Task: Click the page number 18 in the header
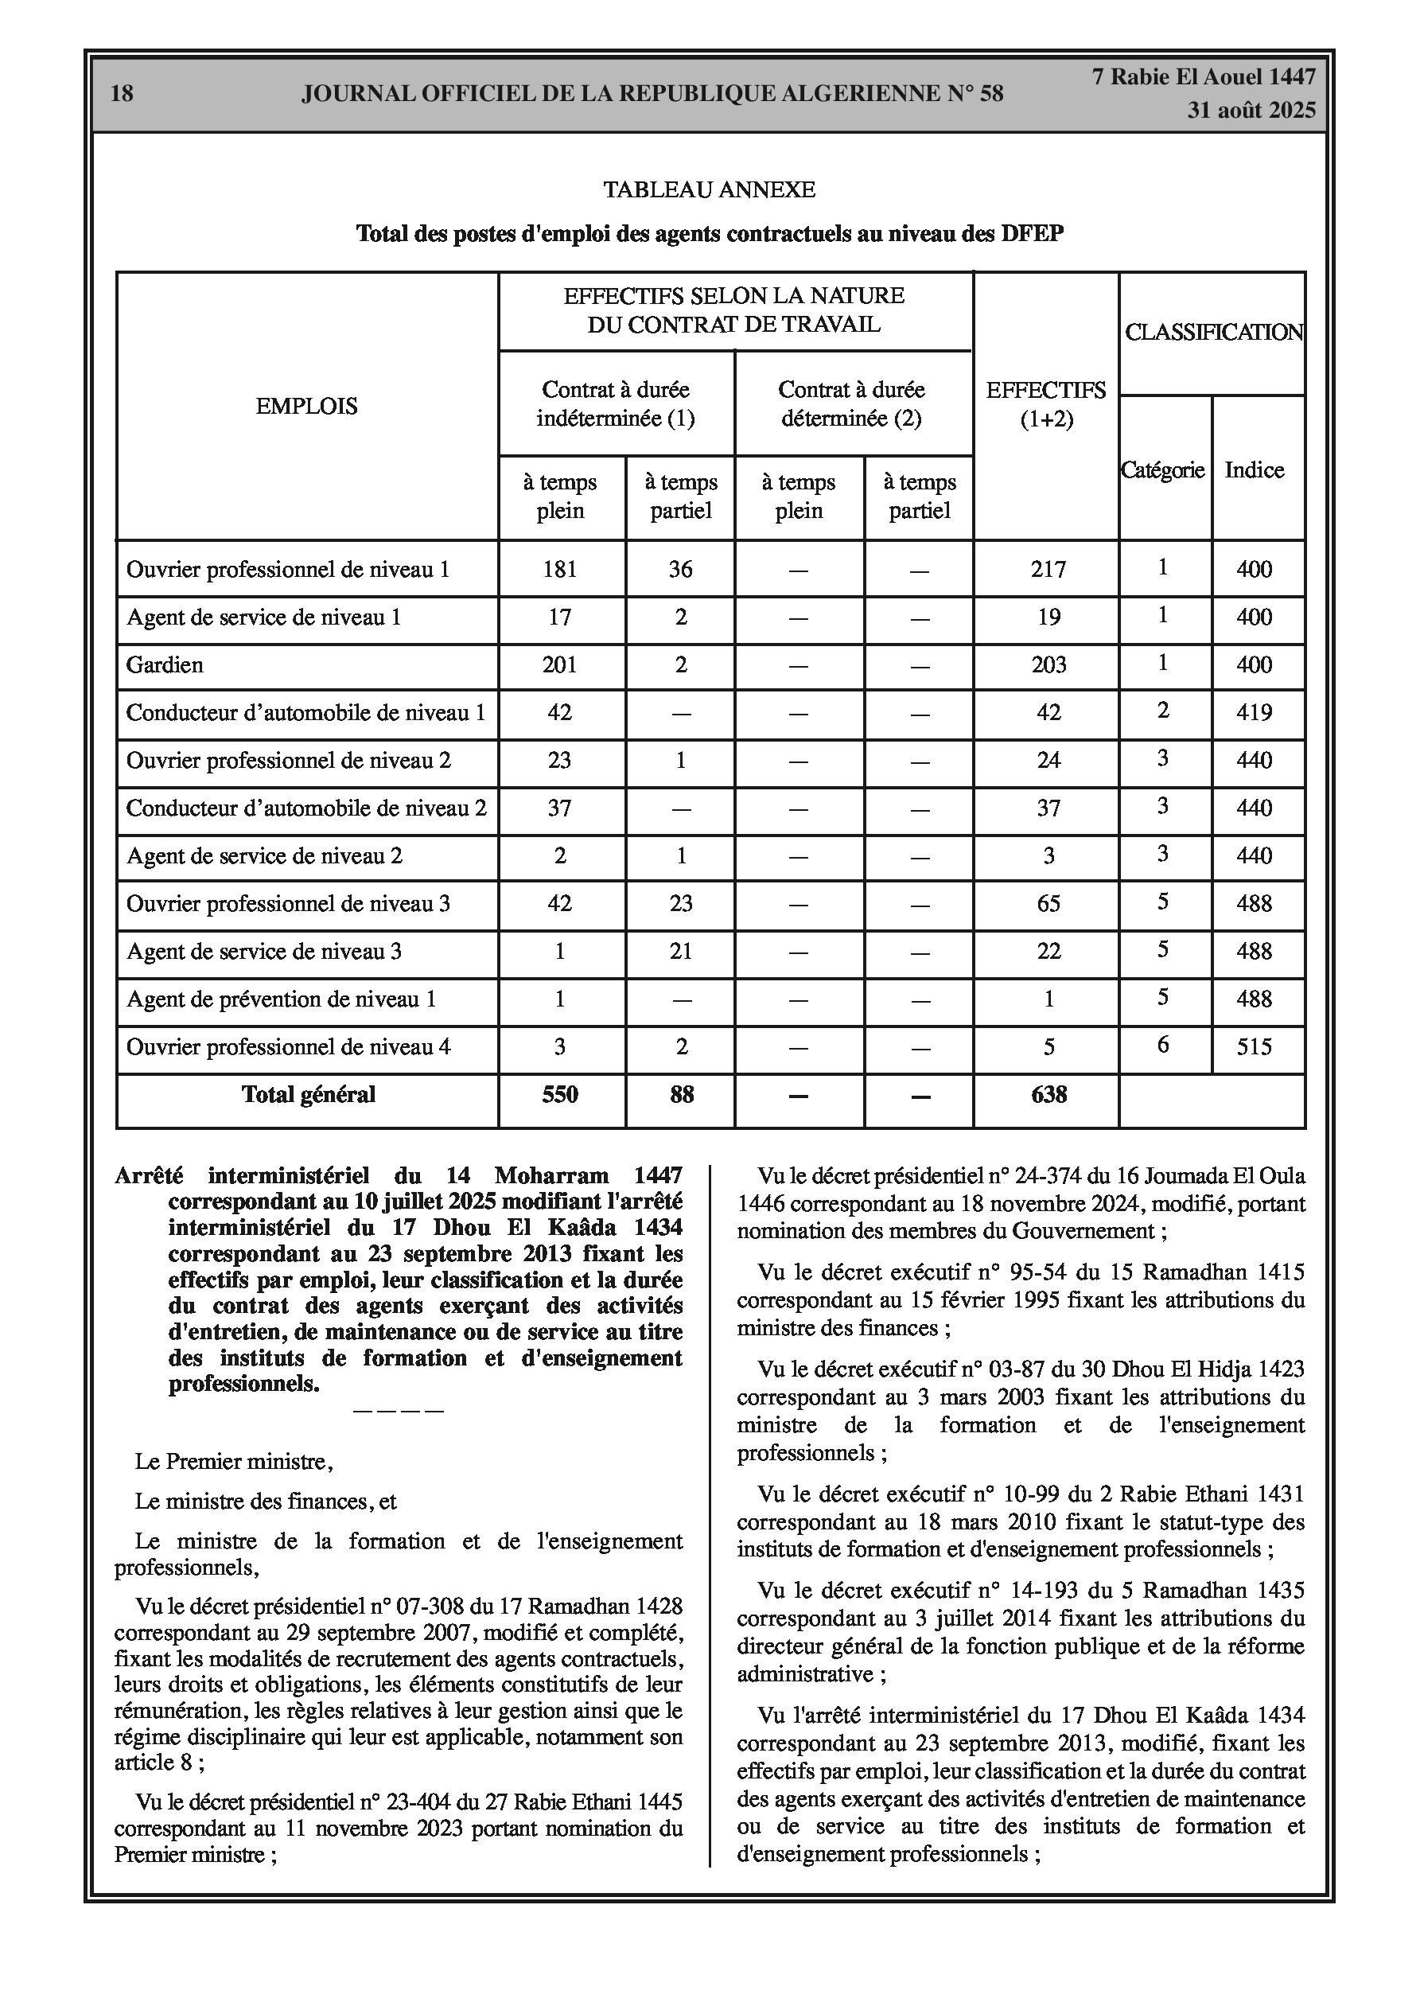(x=123, y=94)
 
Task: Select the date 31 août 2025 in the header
(x=1251, y=111)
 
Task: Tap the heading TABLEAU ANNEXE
(x=709, y=190)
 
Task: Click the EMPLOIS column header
(x=306, y=406)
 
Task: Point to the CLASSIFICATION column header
(x=1213, y=333)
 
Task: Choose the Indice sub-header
(x=1254, y=471)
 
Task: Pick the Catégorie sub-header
(x=1162, y=471)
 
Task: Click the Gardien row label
(x=165, y=665)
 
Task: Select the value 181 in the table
(x=560, y=570)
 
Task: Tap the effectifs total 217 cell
(x=1048, y=570)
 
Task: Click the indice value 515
(x=1254, y=1047)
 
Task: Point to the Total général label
(x=308, y=1095)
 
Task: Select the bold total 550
(x=560, y=1095)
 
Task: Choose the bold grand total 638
(x=1048, y=1095)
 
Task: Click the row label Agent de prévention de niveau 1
(x=281, y=999)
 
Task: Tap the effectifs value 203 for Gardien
(x=1048, y=665)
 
